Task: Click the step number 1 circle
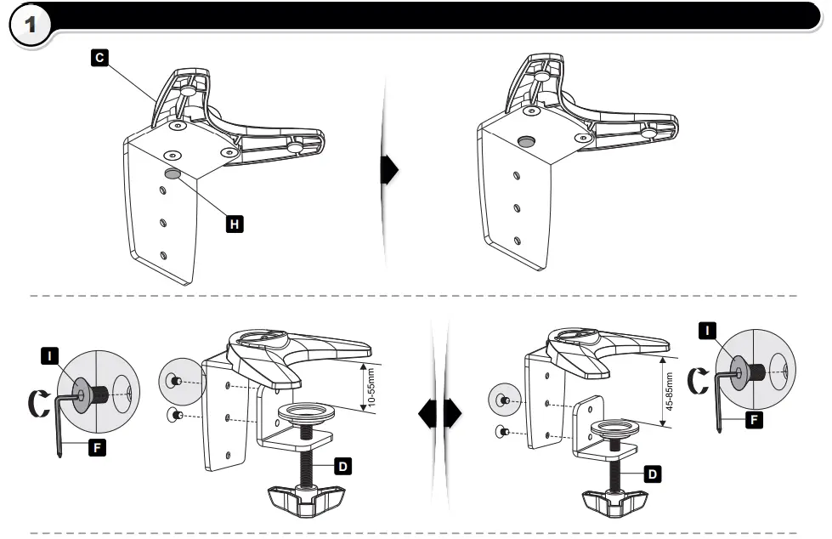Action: (x=31, y=26)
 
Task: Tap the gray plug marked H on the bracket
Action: (x=173, y=173)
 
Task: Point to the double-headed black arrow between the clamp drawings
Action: (x=439, y=414)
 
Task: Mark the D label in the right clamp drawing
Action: (x=652, y=474)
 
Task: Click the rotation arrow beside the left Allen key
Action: (x=35, y=399)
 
